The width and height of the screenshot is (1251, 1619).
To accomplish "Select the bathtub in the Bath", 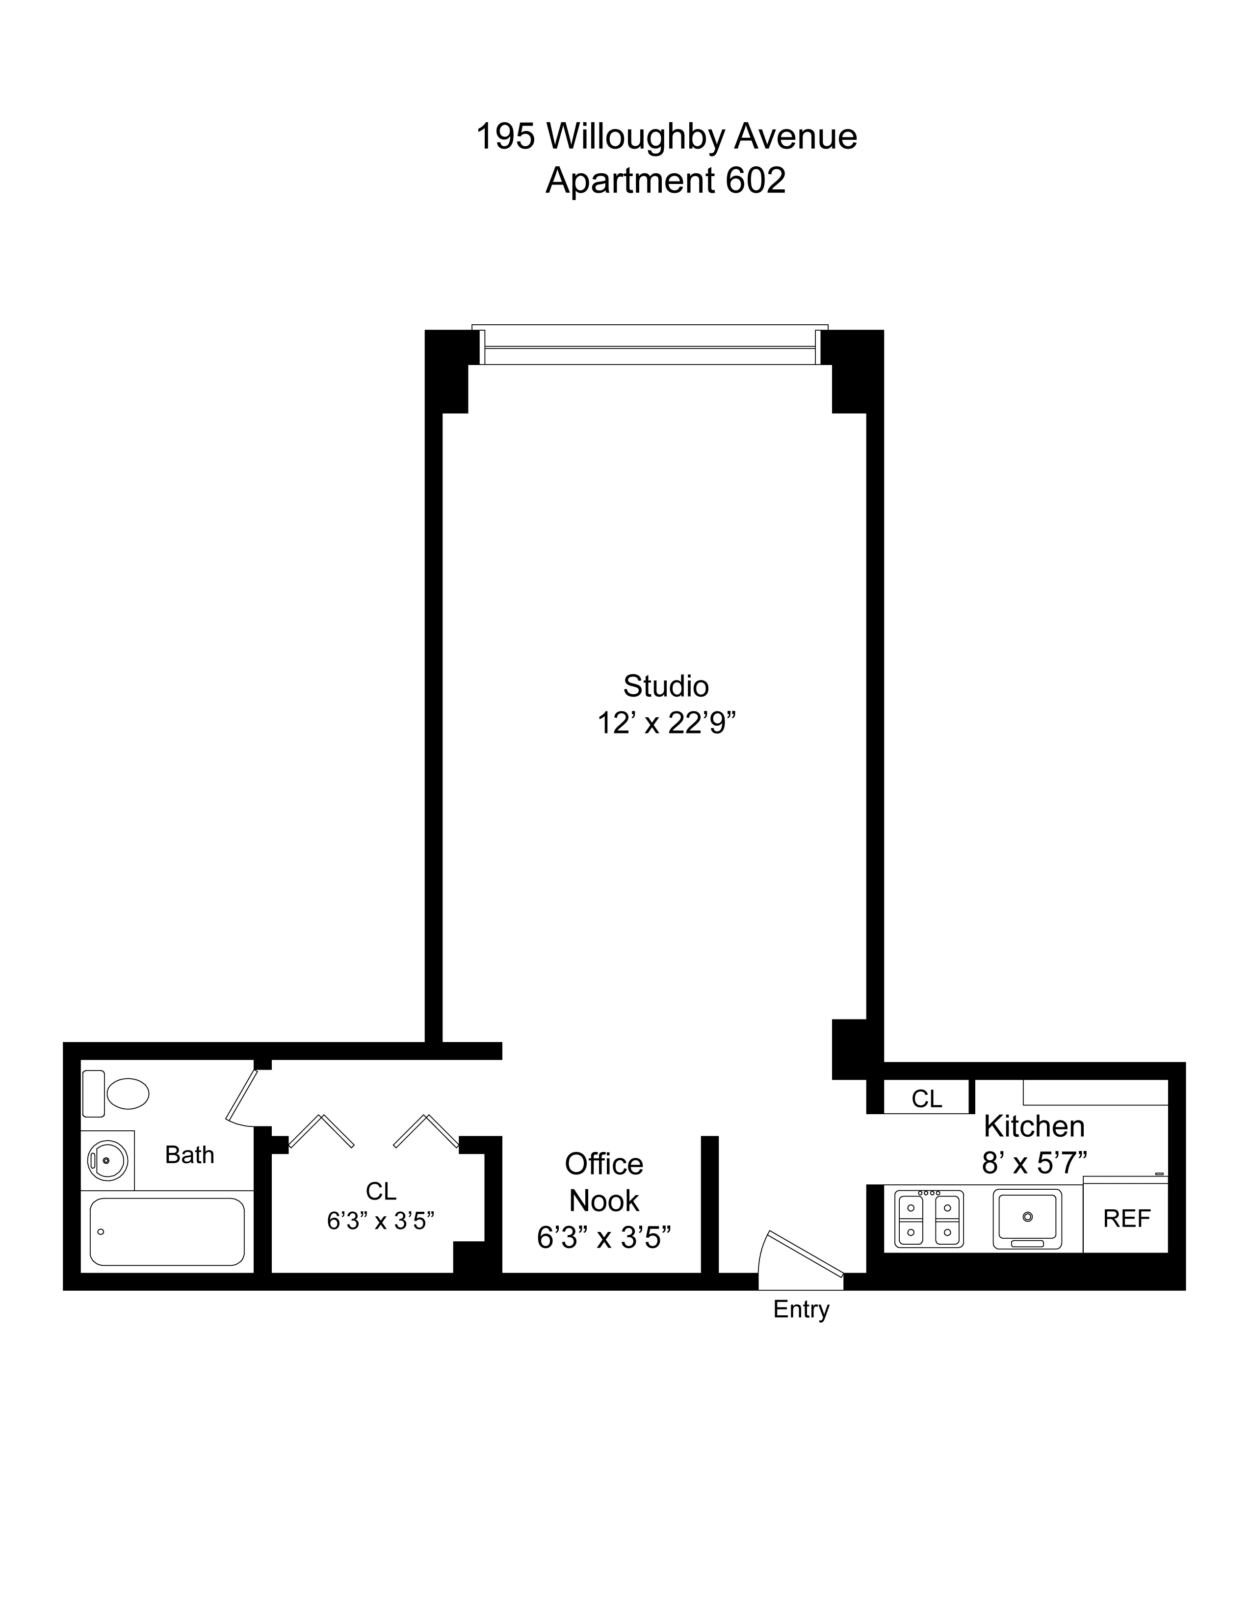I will point(167,1231).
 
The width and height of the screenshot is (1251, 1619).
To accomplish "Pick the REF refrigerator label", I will point(1126,1219).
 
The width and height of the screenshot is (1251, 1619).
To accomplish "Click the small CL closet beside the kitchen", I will point(926,1098).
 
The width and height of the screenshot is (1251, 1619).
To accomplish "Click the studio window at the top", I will point(650,347).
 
